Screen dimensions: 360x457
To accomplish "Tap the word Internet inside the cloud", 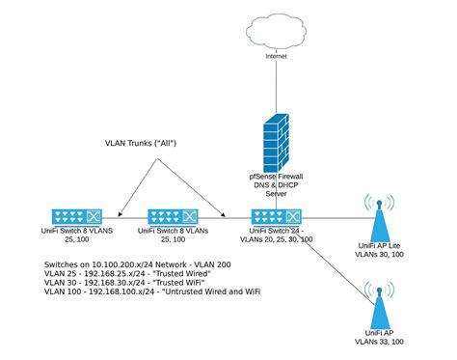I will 277,55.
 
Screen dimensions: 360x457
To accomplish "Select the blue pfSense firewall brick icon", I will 277,141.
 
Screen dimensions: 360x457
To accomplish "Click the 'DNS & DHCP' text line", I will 276,184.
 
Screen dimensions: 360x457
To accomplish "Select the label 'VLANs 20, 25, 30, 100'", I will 276,240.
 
